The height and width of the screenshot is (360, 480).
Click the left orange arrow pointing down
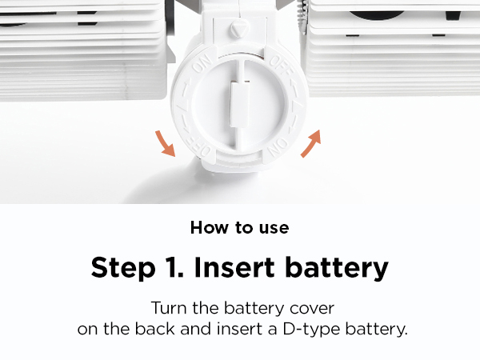tap(166, 144)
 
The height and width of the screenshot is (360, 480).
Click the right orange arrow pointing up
tap(312, 143)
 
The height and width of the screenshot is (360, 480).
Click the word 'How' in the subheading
tap(206, 227)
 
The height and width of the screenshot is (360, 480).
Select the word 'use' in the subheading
tap(274, 227)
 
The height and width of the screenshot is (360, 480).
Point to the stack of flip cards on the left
tap(80, 48)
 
